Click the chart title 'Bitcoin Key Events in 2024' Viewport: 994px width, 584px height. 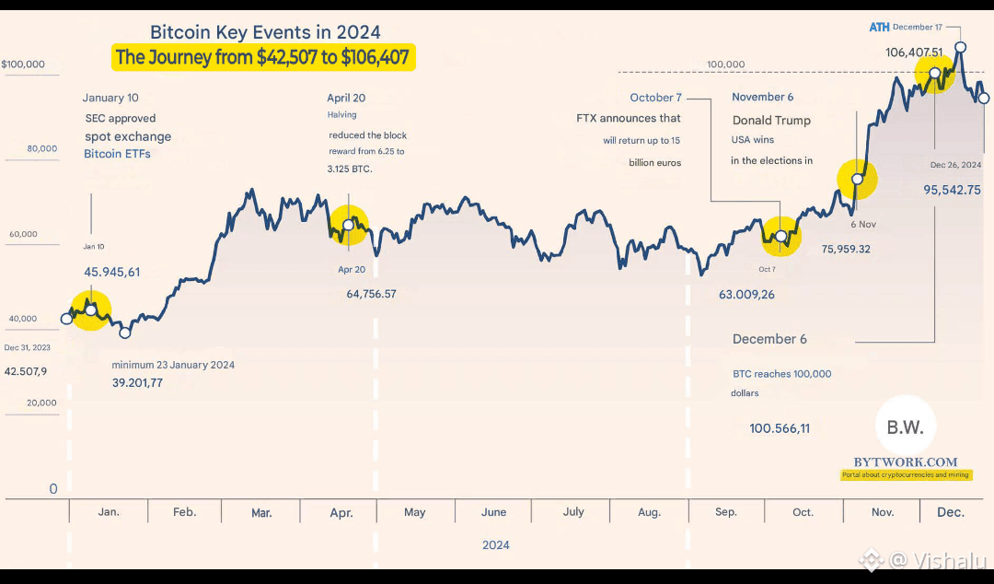tap(265, 33)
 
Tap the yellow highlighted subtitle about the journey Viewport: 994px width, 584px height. tap(262, 58)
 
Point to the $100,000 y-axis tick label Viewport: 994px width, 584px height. tap(23, 65)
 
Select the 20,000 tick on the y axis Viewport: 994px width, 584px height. tap(42, 403)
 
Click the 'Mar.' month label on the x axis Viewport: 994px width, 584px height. tap(261, 512)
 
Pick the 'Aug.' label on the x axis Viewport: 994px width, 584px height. tap(648, 512)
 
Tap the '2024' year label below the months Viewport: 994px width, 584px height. tap(496, 544)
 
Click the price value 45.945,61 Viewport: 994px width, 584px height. tap(111, 272)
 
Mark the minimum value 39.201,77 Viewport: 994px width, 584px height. tap(137, 383)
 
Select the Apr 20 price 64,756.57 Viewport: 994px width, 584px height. tap(371, 294)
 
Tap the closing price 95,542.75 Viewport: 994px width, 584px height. tap(953, 190)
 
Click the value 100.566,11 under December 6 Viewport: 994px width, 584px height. tap(780, 428)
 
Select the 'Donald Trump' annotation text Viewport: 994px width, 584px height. tap(771, 120)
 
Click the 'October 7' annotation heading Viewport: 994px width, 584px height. tap(655, 98)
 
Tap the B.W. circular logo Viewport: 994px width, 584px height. tap(906, 426)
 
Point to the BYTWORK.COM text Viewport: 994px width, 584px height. tap(905, 462)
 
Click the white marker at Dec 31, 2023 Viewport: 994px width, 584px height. tap(66, 319)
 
